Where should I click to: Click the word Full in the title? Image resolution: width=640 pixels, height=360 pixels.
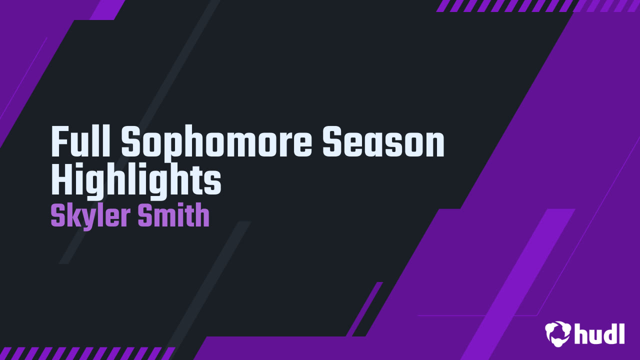click(80, 141)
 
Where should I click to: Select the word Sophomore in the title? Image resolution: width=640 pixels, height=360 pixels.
click(216, 145)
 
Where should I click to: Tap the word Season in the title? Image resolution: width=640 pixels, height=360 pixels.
click(383, 141)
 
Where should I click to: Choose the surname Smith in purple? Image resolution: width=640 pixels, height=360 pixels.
click(173, 215)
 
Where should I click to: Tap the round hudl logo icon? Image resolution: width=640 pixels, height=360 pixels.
click(557, 333)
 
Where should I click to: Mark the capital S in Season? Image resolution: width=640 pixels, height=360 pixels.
click(333, 141)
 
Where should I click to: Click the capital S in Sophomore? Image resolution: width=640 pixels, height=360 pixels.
click(131, 141)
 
